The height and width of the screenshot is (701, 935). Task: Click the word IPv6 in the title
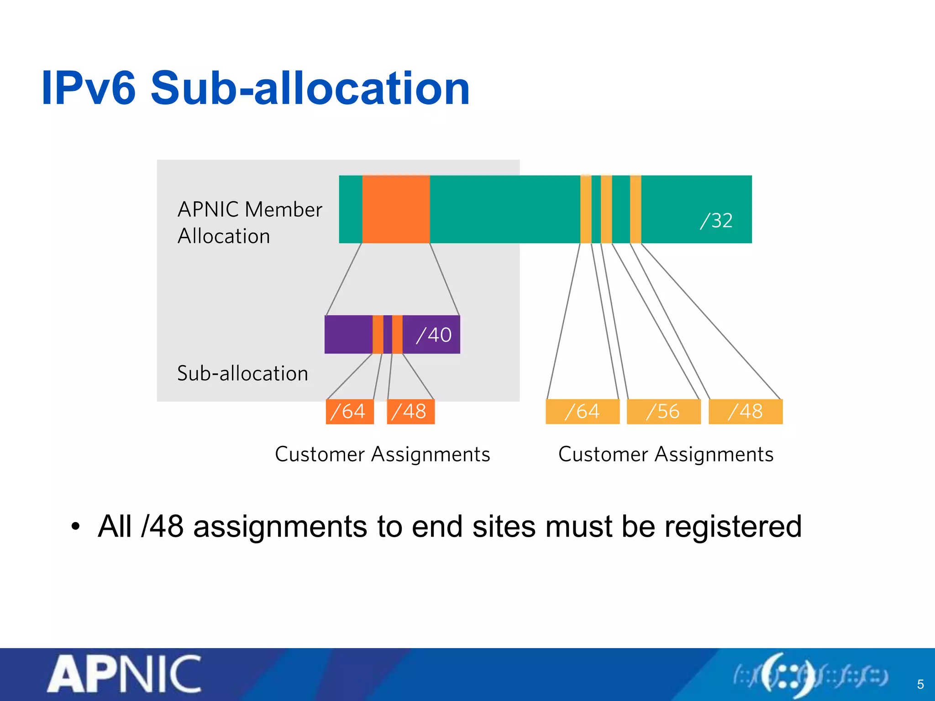[x=89, y=88]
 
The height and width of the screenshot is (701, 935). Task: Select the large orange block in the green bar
[x=396, y=209]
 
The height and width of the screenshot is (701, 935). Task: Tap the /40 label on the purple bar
[x=433, y=335]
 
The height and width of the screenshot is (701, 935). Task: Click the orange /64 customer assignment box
[x=349, y=412]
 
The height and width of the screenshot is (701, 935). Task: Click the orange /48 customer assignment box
[x=410, y=412]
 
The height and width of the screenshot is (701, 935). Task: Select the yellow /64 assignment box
[x=583, y=412]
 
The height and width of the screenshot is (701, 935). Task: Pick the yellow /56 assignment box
[x=663, y=412]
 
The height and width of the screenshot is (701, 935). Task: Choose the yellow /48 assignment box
[x=746, y=412]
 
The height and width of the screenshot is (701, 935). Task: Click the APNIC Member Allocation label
[x=250, y=223]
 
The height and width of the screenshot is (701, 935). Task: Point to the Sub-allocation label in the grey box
[x=242, y=373]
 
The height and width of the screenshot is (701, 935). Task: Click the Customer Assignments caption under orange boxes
[x=383, y=455]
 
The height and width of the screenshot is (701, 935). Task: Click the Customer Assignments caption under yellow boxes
[x=666, y=455]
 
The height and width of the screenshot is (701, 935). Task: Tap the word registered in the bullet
[x=732, y=526]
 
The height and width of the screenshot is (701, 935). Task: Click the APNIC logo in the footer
[x=124, y=674]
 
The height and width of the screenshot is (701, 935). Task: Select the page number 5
[x=920, y=684]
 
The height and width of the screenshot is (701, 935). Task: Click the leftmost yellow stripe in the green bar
[x=586, y=209]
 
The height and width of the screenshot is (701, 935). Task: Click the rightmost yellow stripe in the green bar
[x=636, y=209]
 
